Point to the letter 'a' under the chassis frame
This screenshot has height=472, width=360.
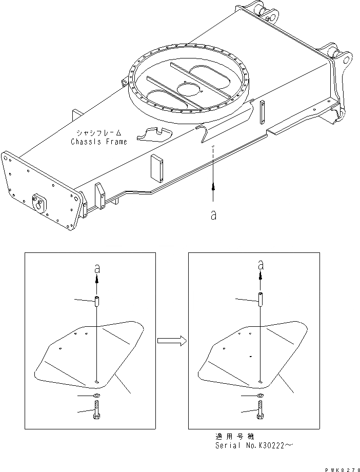[x=213, y=216]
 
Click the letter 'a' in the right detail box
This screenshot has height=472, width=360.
[x=261, y=265]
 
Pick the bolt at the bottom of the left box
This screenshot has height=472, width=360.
[x=97, y=411]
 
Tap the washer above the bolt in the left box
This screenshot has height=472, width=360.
[x=97, y=396]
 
